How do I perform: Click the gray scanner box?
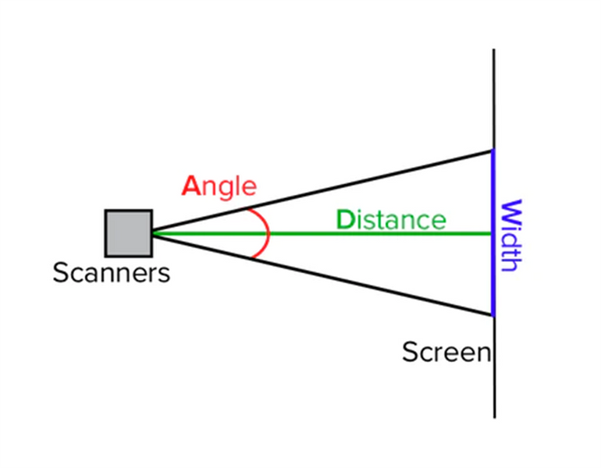pos(129,233)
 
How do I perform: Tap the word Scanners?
pos(112,273)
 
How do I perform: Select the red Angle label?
pos(219,187)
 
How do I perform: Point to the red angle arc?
pos(268,233)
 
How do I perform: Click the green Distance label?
pos(391,220)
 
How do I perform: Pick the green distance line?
pos(322,233)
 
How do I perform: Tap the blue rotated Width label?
pos(512,235)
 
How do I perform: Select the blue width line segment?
pos(493,233)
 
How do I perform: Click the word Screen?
pos(446,352)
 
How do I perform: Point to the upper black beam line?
pos(322,191)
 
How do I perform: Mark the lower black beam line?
pos(322,275)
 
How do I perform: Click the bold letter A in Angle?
pos(191,186)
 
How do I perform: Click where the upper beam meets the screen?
pos(493,151)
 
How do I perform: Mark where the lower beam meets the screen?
pos(493,316)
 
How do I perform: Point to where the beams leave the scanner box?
pos(153,233)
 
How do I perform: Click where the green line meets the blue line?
pos(493,233)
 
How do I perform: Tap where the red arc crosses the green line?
pos(268,233)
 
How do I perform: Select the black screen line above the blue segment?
pos(493,99)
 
